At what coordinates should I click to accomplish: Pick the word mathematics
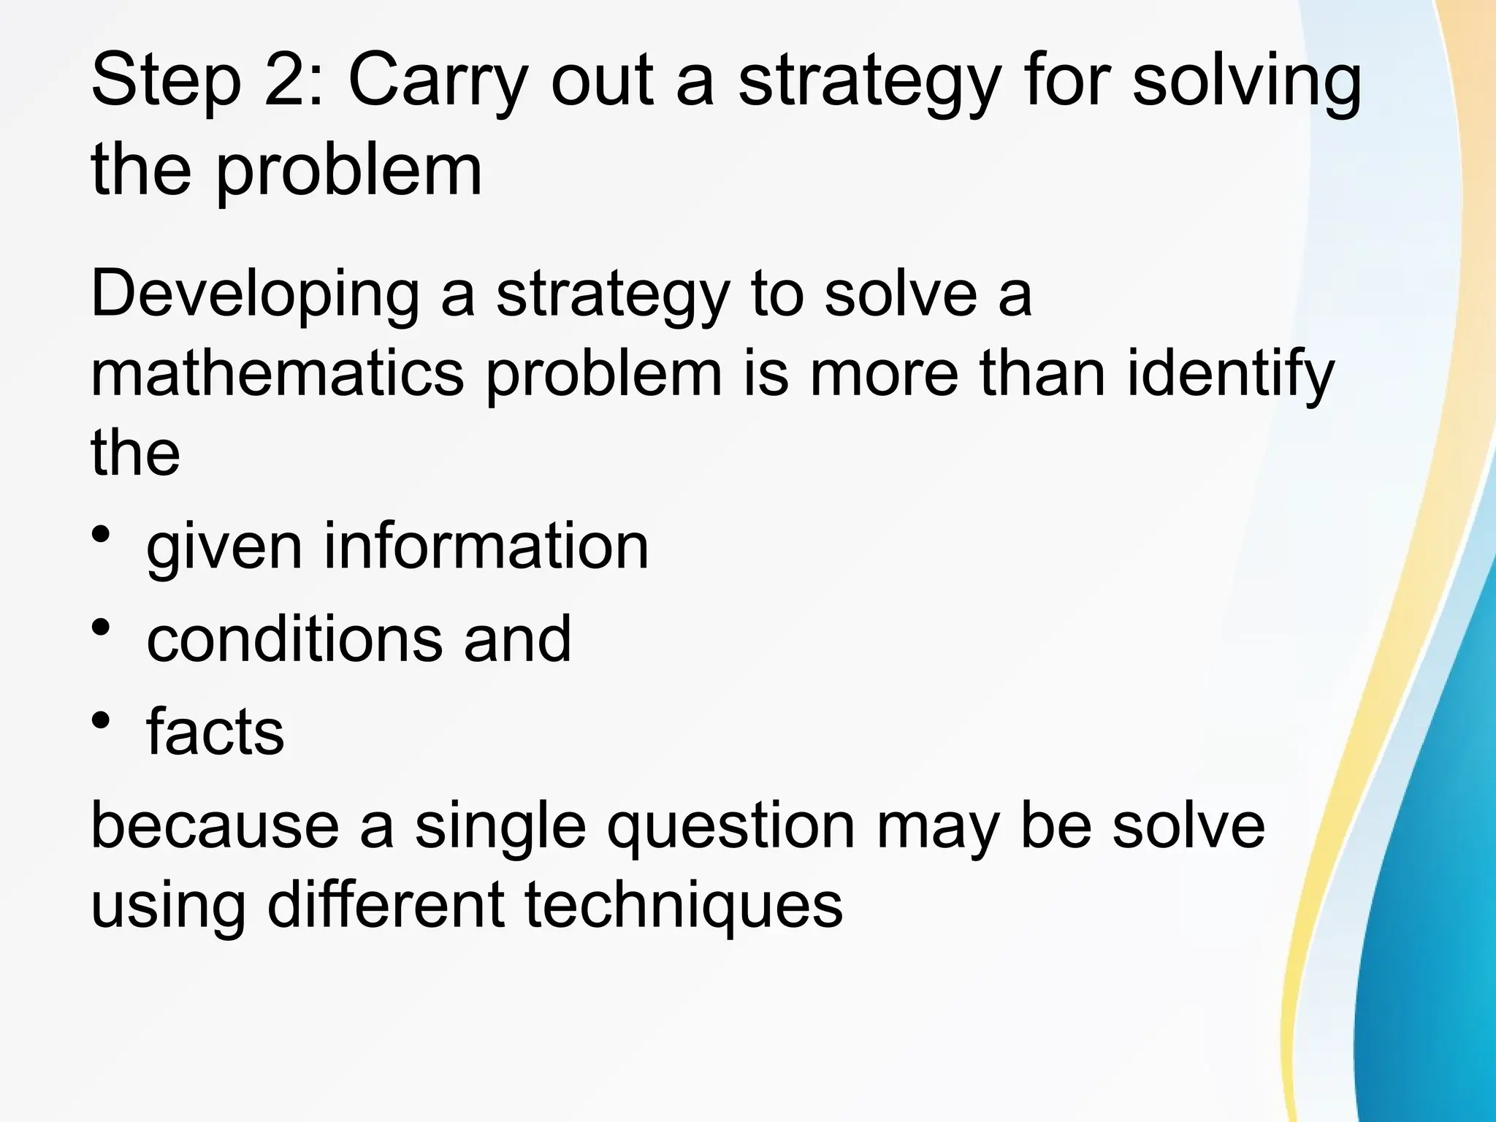[277, 372]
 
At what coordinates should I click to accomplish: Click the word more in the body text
[884, 372]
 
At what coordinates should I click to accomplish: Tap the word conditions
[292, 638]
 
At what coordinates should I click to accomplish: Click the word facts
[215, 731]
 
